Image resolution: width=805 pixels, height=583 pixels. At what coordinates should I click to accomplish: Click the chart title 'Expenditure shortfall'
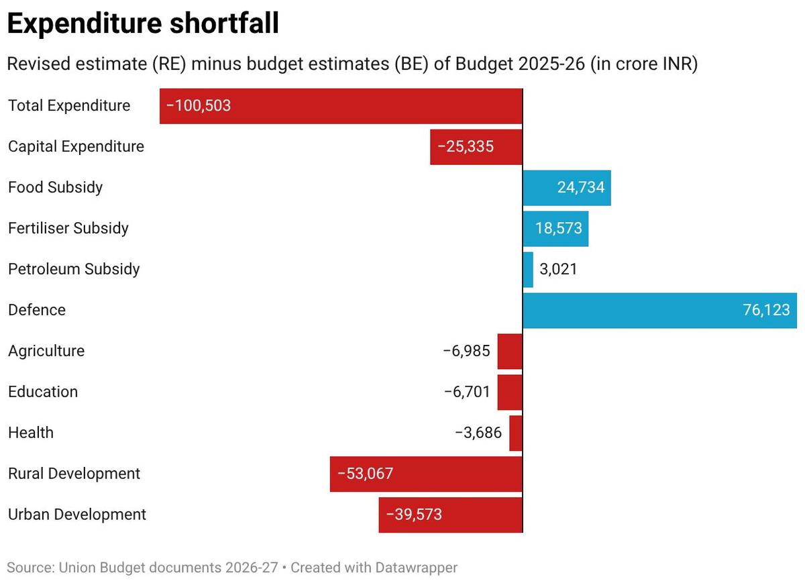pos(143,25)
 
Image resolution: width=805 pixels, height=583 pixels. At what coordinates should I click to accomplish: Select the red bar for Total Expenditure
pos(341,106)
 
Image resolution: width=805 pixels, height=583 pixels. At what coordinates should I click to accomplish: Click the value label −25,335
pos(466,146)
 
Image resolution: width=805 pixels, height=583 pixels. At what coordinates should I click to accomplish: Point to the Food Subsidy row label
pos(56,187)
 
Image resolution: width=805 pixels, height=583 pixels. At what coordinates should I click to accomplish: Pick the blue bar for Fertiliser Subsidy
pos(555,229)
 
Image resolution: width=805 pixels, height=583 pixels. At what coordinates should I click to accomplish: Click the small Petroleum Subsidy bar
pos(528,270)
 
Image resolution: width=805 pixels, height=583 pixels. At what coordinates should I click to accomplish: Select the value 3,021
pos(558,270)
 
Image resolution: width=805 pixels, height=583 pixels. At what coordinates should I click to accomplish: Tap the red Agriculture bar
pos(510,352)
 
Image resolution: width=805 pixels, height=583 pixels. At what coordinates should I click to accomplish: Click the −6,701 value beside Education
pos(467,392)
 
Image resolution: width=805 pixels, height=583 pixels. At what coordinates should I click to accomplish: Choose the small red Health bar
pos(516,433)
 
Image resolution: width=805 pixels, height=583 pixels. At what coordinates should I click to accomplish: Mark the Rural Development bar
pos(426,474)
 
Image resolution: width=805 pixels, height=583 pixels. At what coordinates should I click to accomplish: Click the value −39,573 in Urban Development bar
pos(414,515)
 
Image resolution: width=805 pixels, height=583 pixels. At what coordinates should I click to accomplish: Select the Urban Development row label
pos(77,515)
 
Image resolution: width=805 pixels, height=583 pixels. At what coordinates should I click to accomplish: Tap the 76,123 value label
pos(766,311)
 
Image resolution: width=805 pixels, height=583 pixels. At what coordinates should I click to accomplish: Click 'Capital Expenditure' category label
pos(76,146)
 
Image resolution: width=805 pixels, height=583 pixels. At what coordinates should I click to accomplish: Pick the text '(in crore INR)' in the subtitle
pos(644,65)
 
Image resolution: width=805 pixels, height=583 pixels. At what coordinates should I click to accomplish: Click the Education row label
pos(43,392)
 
